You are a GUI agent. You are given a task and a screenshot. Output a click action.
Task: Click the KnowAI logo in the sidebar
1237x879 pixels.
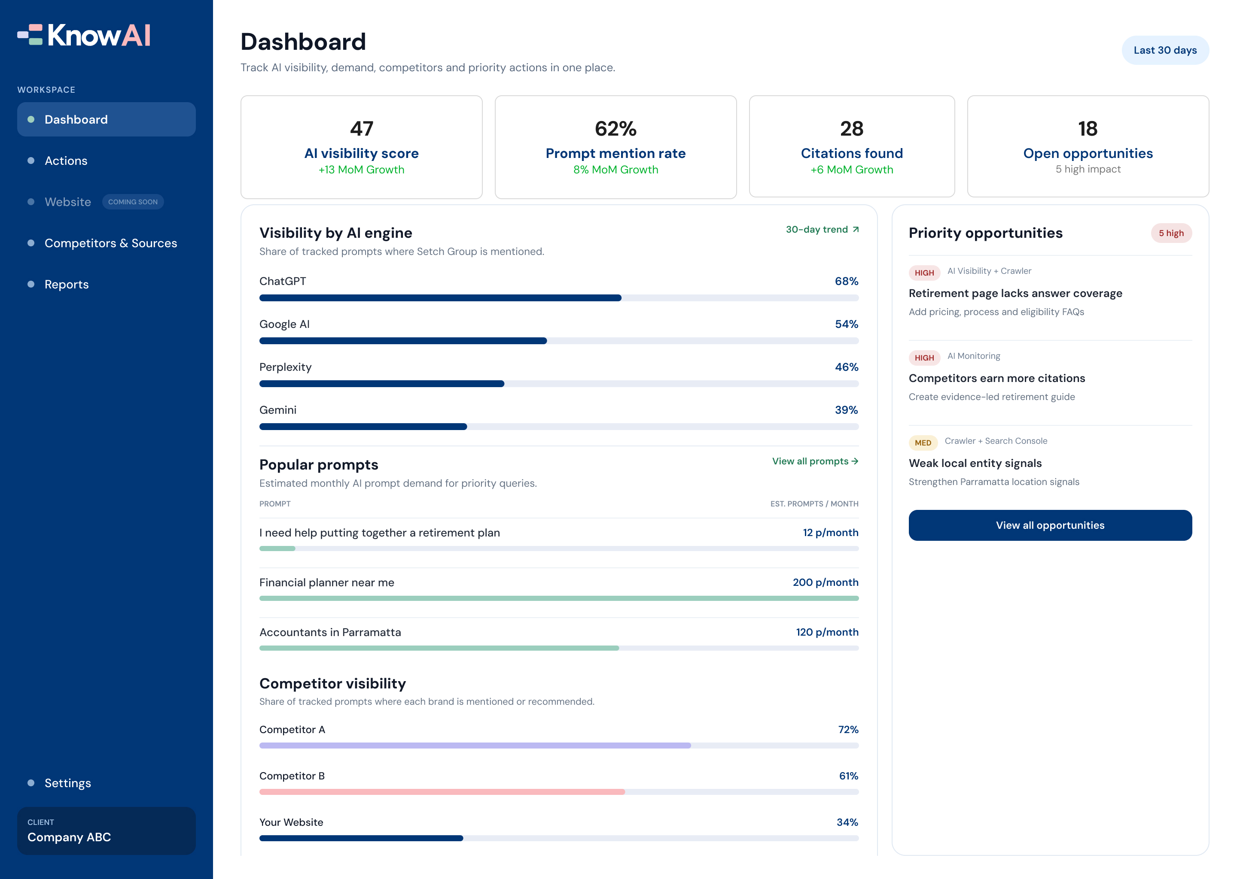click(84, 35)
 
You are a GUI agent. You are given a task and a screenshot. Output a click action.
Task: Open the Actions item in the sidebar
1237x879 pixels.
click(66, 161)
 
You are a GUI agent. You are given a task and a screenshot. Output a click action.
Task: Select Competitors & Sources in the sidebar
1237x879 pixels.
click(110, 243)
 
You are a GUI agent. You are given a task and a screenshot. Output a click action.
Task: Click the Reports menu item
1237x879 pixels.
click(66, 284)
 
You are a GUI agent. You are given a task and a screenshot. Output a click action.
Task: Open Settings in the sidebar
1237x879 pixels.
click(68, 783)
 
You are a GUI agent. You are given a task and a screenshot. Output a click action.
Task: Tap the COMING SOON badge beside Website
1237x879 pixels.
click(133, 202)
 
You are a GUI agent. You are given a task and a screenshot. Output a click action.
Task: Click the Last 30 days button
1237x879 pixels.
click(1165, 50)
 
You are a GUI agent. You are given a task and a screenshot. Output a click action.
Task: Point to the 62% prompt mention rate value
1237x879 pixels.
click(616, 129)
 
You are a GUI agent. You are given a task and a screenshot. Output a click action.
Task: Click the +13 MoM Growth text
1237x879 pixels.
click(361, 170)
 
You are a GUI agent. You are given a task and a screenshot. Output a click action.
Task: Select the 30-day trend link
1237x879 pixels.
click(822, 230)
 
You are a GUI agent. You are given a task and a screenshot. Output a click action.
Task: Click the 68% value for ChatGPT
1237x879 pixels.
click(847, 282)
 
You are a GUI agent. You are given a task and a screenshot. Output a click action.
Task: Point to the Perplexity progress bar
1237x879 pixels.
click(559, 384)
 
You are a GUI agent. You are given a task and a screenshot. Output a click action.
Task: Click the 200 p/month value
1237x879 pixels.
click(826, 582)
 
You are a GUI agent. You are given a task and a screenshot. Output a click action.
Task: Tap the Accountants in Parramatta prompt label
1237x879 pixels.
click(330, 632)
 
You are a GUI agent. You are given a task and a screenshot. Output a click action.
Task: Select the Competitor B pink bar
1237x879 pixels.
click(442, 792)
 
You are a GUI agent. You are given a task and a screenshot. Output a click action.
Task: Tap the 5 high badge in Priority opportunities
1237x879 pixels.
click(1171, 233)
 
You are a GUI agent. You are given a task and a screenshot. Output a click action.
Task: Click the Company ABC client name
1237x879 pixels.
click(69, 837)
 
